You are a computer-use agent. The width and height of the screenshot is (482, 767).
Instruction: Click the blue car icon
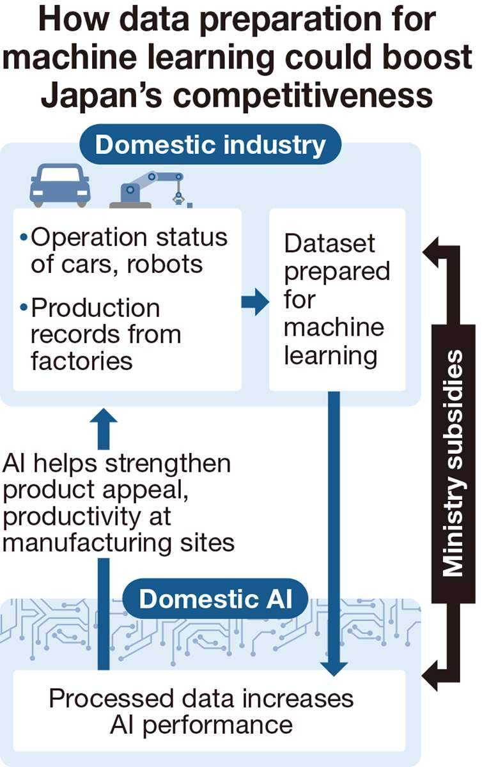(60, 185)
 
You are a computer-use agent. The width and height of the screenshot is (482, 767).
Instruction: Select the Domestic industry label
(210, 145)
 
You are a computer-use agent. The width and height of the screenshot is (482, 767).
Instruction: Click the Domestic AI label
(215, 599)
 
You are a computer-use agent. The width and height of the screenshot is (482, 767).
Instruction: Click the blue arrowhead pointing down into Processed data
(333, 668)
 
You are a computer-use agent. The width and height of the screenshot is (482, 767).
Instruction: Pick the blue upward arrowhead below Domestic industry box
(104, 421)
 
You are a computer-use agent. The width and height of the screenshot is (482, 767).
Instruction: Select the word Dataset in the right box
(329, 244)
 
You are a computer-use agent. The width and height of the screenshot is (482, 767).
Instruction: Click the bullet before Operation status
(24, 238)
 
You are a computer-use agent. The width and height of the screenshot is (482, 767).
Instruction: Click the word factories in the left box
(81, 360)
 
